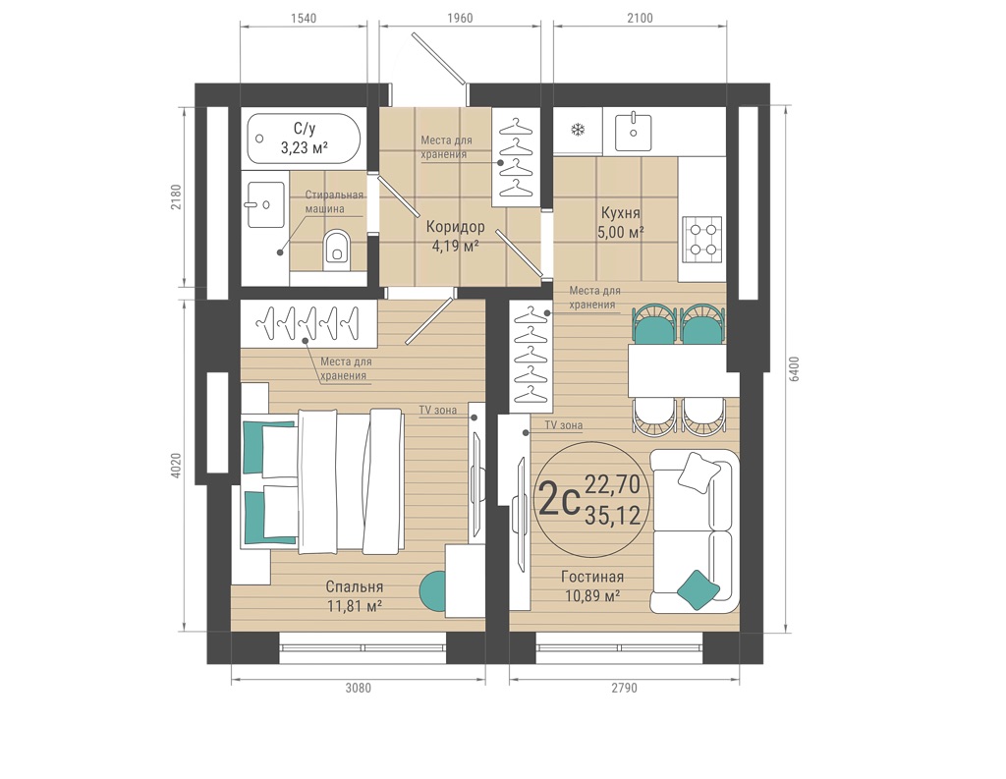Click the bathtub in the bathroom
(x=305, y=139)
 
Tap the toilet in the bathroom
(x=337, y=247)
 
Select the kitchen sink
(x=634, y=133)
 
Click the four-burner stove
(x=702, y=240)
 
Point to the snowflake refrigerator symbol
(x=578, y=131)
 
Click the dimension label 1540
(x=304, y=18)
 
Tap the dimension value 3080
(x=358, y=689)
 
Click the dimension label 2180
(x=176, y=197)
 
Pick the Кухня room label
(x=621, y=212)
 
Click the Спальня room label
(x=354, y=586)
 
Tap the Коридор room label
(x=456, y=227)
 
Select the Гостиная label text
(x=592, y=577)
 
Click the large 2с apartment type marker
(x=560, y=501)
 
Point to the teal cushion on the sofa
(x=699, y=588)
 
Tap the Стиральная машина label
(x=334, y=201)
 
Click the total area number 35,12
(x=613, y=515)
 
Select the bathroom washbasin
(x=265, y=204)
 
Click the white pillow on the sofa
(x=699, y=473)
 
